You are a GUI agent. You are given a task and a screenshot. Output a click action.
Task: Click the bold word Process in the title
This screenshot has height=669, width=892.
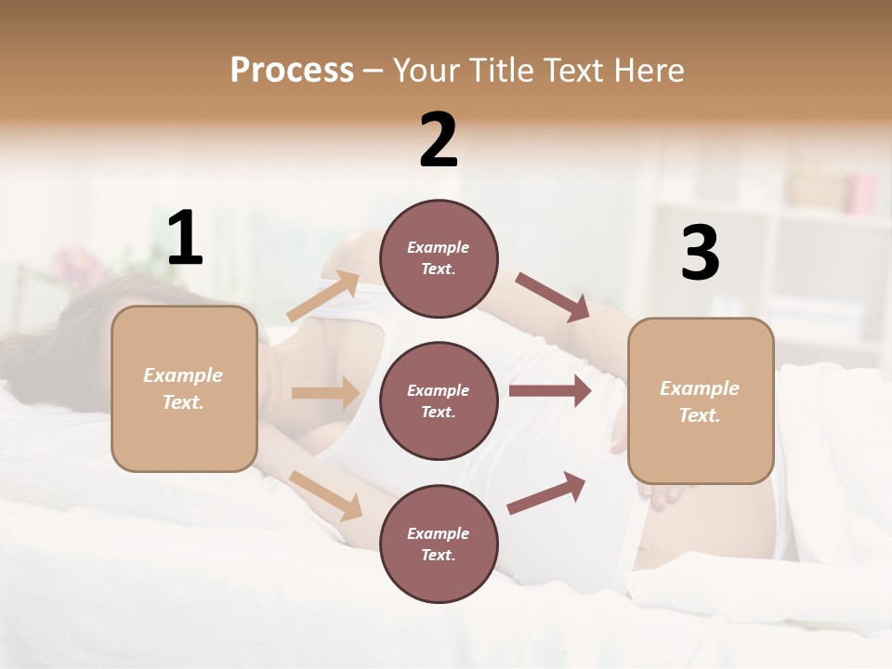pos(292,71)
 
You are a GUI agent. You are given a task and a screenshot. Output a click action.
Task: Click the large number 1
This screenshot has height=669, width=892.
pos(185,239)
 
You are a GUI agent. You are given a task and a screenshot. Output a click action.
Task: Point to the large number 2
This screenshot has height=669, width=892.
pos(439,140)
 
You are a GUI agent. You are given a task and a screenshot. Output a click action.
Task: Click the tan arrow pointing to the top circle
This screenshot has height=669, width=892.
pos(322,296)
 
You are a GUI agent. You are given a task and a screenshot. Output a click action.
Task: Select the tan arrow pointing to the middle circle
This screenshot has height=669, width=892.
pos(325,393)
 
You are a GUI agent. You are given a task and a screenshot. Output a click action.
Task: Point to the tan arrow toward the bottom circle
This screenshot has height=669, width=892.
pos(325,495)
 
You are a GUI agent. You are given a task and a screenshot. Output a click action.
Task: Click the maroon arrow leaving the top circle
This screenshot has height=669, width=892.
pos(552,297)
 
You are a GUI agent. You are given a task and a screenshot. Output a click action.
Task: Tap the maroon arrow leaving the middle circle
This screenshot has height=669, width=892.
pos(549,391)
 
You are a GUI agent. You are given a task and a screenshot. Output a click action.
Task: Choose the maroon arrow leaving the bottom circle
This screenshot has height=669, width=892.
pos(546,493)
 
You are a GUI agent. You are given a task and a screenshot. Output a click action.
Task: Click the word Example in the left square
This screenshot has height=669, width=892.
pos(183,375)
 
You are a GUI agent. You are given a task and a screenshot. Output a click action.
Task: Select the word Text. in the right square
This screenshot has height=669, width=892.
pos(700,415)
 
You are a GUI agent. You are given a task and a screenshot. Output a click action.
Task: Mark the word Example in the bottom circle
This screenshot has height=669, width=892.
pos(439,533)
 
